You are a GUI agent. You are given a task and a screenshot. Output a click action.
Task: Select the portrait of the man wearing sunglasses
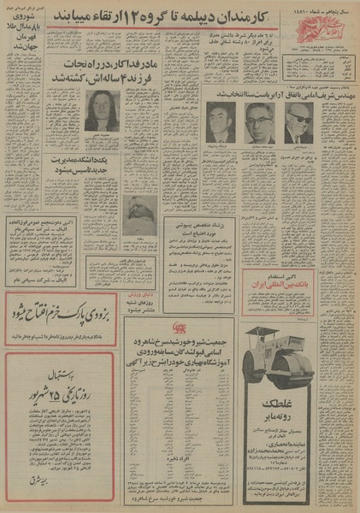(302, 123)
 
